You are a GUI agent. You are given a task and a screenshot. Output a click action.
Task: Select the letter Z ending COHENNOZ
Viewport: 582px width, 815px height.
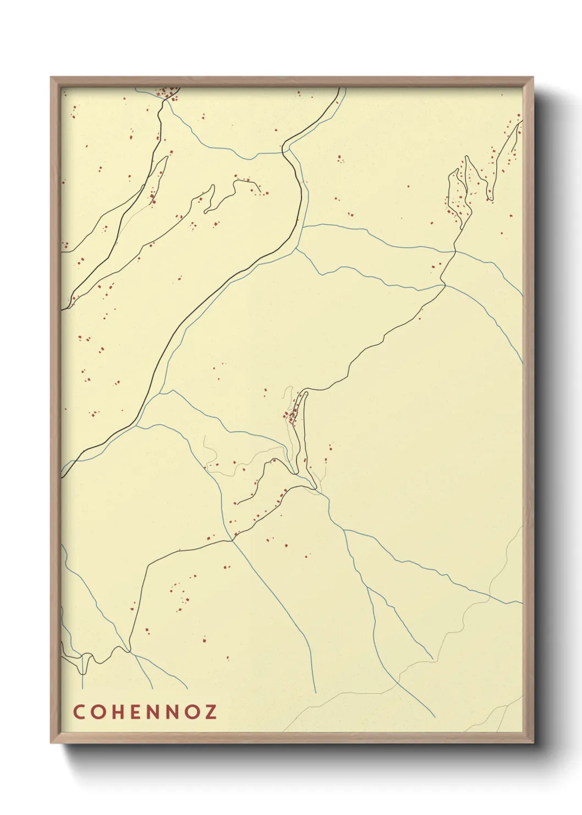click(210, 712)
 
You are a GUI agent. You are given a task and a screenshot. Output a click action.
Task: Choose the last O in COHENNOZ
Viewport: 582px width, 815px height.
click(191, 712)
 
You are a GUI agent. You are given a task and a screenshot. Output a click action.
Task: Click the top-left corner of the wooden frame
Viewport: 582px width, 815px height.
click(51, 78)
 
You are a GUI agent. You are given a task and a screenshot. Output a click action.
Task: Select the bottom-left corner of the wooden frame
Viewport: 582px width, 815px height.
click(51, 743)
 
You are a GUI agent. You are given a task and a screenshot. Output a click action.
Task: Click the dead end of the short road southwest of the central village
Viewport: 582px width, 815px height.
click(235, 503)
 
